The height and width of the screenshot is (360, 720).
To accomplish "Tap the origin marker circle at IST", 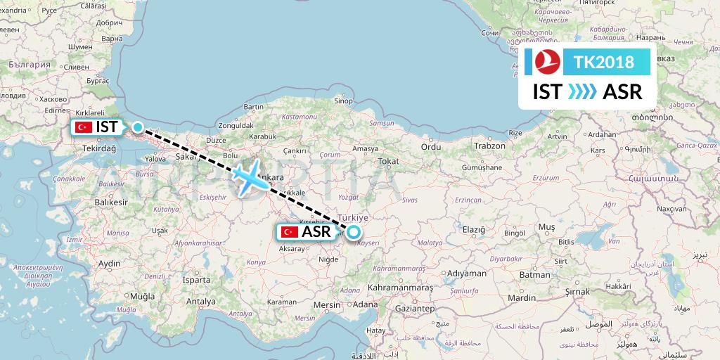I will click(139, 128).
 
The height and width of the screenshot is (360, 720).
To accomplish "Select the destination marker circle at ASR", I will click(353, 231).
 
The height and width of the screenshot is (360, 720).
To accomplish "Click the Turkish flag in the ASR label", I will click(288, 231).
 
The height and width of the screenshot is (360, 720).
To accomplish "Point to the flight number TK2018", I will click(604, 62).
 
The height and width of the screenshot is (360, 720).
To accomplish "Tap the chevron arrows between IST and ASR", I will click(581, 91).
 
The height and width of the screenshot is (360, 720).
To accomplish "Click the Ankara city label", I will click(271, 177).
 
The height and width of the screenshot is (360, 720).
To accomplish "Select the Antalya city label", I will click(201, 302).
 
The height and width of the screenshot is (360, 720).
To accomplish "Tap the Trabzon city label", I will click(489, 146).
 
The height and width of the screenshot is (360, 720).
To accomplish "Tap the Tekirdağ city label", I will click(97, 149).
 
